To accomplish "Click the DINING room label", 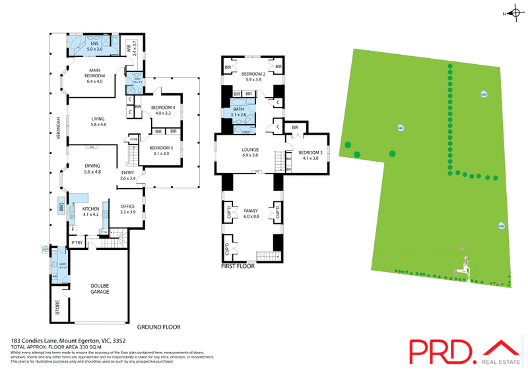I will (92, 168).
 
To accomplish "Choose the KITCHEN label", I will (90, 211).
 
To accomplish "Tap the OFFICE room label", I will (127, 209).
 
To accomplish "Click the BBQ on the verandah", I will (61, 205).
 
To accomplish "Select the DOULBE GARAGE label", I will (100, 288).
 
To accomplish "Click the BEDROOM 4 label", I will (163, 110).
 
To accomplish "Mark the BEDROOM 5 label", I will (160, 151).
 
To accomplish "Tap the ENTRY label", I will (127, 176).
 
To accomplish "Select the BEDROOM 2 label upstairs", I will (253, 77).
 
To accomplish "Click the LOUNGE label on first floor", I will (250, 153).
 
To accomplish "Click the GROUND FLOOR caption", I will (158, 327).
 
